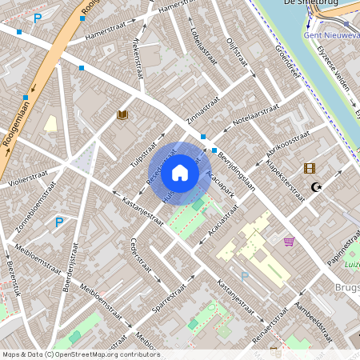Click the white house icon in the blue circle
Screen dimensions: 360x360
pyautogui.click(x=180, y=172)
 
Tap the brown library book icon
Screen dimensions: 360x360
pyautogui.click(x=122, y=115)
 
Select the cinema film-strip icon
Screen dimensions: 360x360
pyautogui.click(x=310, y=169)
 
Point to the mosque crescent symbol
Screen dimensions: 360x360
pyautogui.click(x=316, y=188)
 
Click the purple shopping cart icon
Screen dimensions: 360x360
pyautogui.click(x=289, y=240)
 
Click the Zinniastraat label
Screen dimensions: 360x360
pyautogui.click(x=202, y=110)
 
